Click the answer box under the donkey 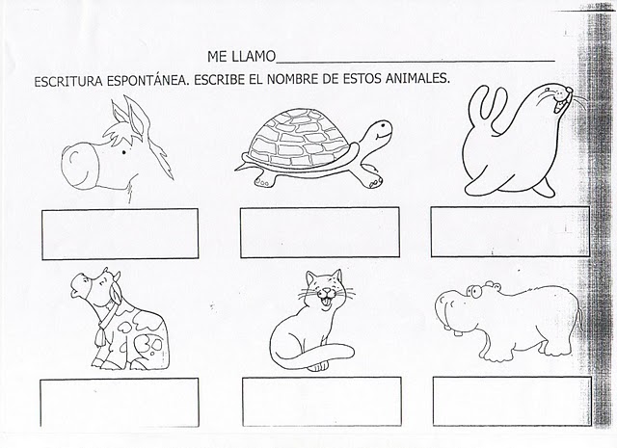point(120,234)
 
